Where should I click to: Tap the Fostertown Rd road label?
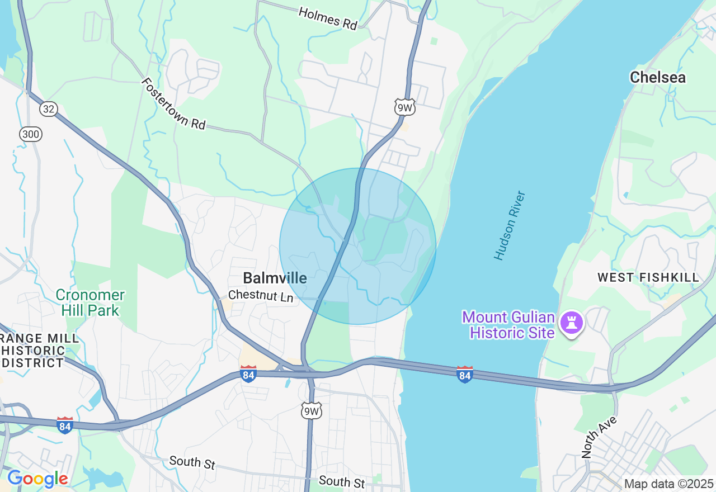click(173, 103)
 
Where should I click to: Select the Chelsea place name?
click(657, 77)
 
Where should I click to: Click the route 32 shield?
click(49, 108)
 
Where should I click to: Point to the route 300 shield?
click(30, 134)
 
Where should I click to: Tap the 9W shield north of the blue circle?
click(404, 107)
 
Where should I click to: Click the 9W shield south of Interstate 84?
click(312, 410)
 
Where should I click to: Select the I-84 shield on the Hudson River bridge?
click(464, 374)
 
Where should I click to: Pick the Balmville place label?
click(275, 278)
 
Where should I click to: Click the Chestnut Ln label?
click(261, 296)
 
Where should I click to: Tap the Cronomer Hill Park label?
click(90, 302)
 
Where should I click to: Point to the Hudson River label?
click(510, 225)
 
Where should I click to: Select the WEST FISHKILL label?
click(648, 277)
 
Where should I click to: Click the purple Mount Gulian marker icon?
click(572, 323)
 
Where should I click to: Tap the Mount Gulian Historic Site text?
click(508, 325)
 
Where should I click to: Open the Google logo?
click(37, 479)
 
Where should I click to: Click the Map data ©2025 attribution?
click(668, 484)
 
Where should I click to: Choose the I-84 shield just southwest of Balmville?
click(248, 373)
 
